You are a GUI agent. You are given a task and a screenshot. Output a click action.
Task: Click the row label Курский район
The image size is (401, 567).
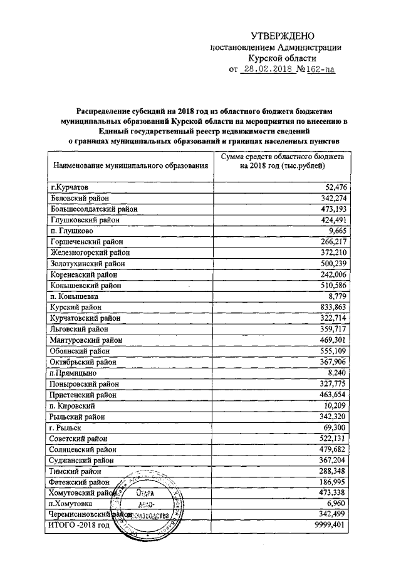point(76,307)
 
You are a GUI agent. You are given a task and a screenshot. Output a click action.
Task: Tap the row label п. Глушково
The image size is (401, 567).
point(71,231)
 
